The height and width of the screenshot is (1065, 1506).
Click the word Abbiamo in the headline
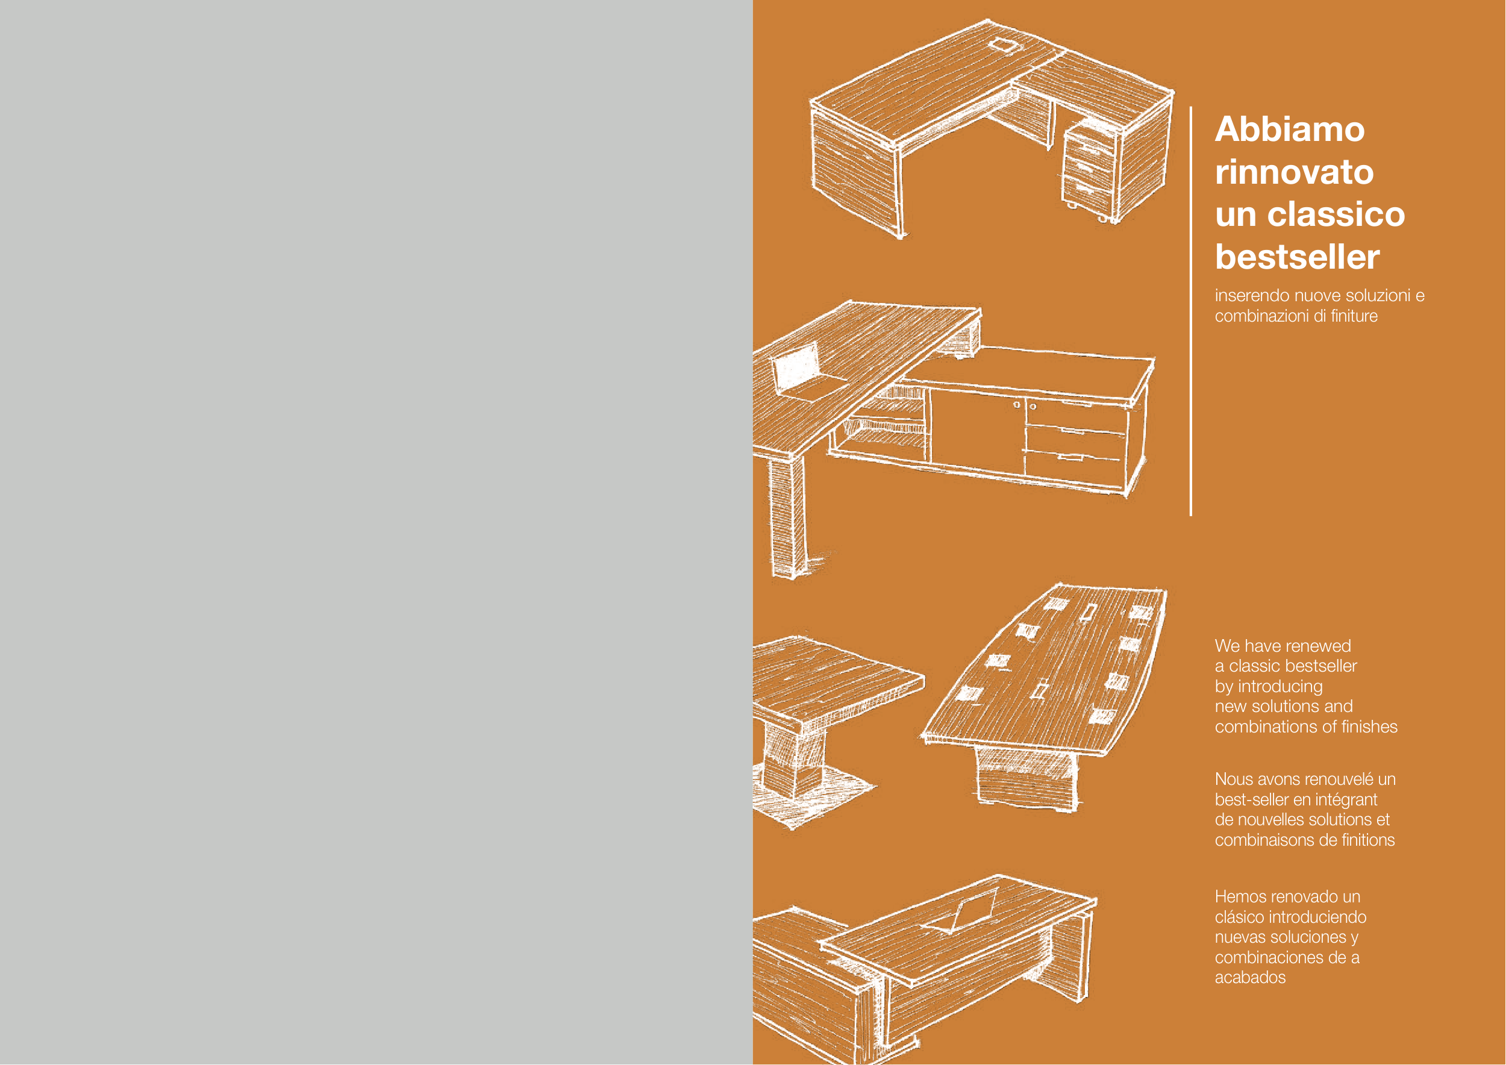(x=1290, y=129)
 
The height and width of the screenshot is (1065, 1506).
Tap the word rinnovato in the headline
(x=1294, y=172)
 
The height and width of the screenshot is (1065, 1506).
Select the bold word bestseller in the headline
(x=1298, y=257)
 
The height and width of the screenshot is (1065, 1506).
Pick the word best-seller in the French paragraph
(x=1251, y=799)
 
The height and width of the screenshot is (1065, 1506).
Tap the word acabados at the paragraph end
(x=1250, y=977)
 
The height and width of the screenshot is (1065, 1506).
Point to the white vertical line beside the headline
(x=1191, y=311)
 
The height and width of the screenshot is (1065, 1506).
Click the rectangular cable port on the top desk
(x=1001, y=45)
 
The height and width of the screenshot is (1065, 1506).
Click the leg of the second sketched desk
(x=787, y=518)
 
